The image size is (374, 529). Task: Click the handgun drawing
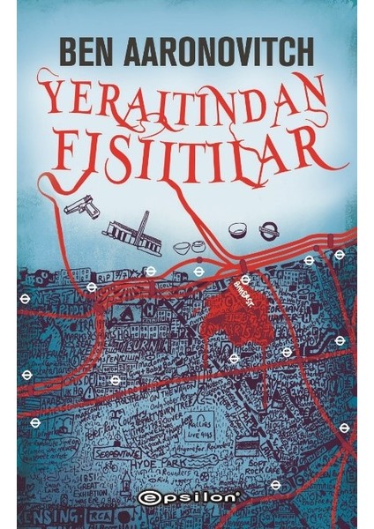(81, 207)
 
